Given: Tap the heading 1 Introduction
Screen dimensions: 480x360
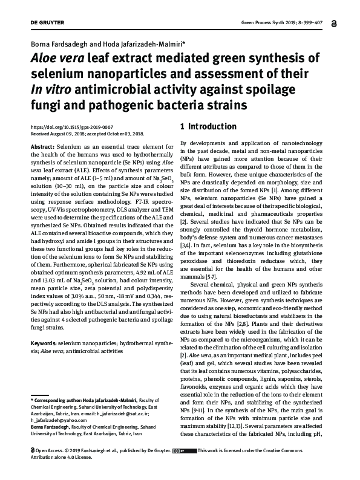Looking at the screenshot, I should [209, 127].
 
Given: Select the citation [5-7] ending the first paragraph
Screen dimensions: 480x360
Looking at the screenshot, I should [209, 276].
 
